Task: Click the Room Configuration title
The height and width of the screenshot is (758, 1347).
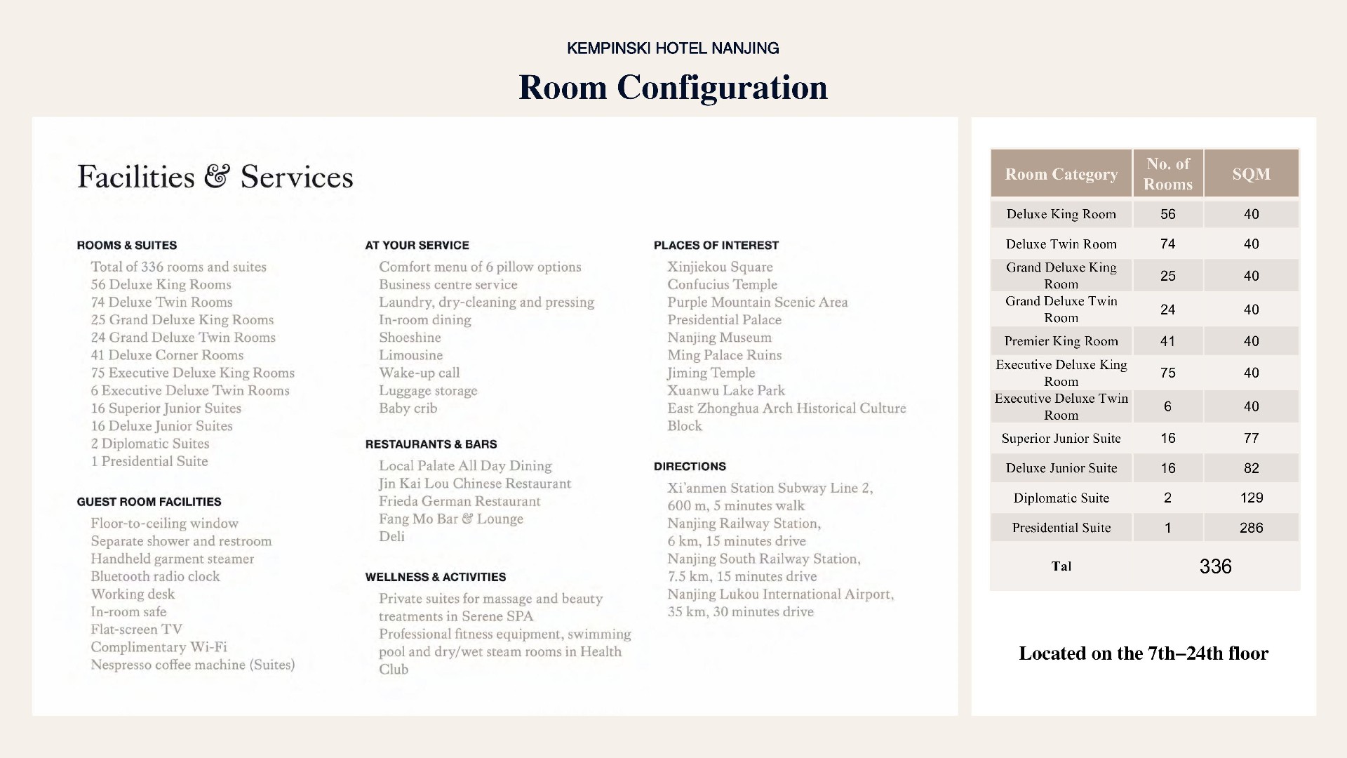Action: point(673,88)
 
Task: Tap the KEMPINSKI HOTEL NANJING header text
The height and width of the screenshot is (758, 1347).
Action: point(673,48)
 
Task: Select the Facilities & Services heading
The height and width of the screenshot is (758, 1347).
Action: point(215,177)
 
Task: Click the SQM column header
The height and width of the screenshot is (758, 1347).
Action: point(1251,174)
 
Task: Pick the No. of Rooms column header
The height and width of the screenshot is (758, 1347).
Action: point(1167,174)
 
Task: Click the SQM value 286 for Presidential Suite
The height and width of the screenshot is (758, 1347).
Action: point(1251,528)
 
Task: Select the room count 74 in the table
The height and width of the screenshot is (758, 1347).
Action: point(1167,244)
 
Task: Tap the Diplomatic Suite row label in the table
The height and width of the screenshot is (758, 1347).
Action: point(1061,498)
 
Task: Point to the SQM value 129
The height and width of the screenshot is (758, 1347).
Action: point(1251,498)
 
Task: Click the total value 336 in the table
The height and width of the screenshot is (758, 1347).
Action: point(1215,566)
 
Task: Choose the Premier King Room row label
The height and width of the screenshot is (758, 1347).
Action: point(1061,341)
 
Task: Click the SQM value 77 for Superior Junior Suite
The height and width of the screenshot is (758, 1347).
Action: point(1251,439)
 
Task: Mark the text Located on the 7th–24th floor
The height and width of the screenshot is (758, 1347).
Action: point(1144,653)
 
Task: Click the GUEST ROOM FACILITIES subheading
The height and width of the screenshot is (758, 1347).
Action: point(149,502)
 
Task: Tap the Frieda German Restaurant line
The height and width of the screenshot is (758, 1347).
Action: point(460,501)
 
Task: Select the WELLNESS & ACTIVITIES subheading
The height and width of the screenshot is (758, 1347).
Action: point(435,577)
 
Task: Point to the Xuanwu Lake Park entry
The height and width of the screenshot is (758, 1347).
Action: point(725,390)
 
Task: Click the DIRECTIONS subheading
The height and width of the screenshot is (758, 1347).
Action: point(690,467)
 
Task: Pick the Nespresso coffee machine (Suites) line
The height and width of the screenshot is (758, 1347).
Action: point(192,665)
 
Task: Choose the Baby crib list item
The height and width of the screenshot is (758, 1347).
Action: point(408,408)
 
